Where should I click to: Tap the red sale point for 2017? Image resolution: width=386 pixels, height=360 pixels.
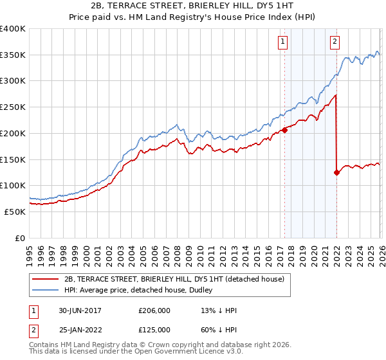tap(284, 130)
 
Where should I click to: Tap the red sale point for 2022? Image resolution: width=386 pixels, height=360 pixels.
tap(336, 172)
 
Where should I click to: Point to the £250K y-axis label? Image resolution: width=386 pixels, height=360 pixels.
tap(13, 107)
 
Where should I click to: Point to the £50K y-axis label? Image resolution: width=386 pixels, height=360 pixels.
tap(15, 212)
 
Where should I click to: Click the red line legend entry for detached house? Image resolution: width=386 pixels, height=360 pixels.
tap(178, 278)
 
